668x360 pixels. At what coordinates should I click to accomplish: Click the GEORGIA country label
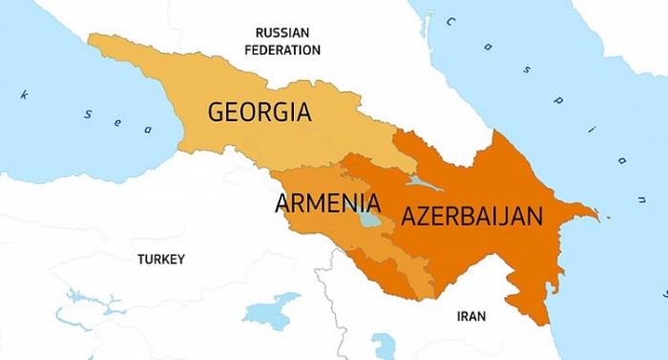[x=260, y=113]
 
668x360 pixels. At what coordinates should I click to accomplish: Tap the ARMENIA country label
[x=327, y=202]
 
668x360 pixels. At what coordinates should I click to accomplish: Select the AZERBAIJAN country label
[x=471, y=215]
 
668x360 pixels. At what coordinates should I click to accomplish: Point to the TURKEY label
[x=161, y=259]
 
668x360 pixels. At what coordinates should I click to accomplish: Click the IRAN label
[x=471, y=316]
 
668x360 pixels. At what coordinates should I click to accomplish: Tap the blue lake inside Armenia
[x=369, y=219]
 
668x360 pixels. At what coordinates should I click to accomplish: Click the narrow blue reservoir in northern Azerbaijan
[x=418, y=180]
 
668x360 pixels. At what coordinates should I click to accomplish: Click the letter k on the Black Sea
[x=24, y=94]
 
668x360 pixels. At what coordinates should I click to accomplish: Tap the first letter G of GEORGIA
[x=217, y=113]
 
